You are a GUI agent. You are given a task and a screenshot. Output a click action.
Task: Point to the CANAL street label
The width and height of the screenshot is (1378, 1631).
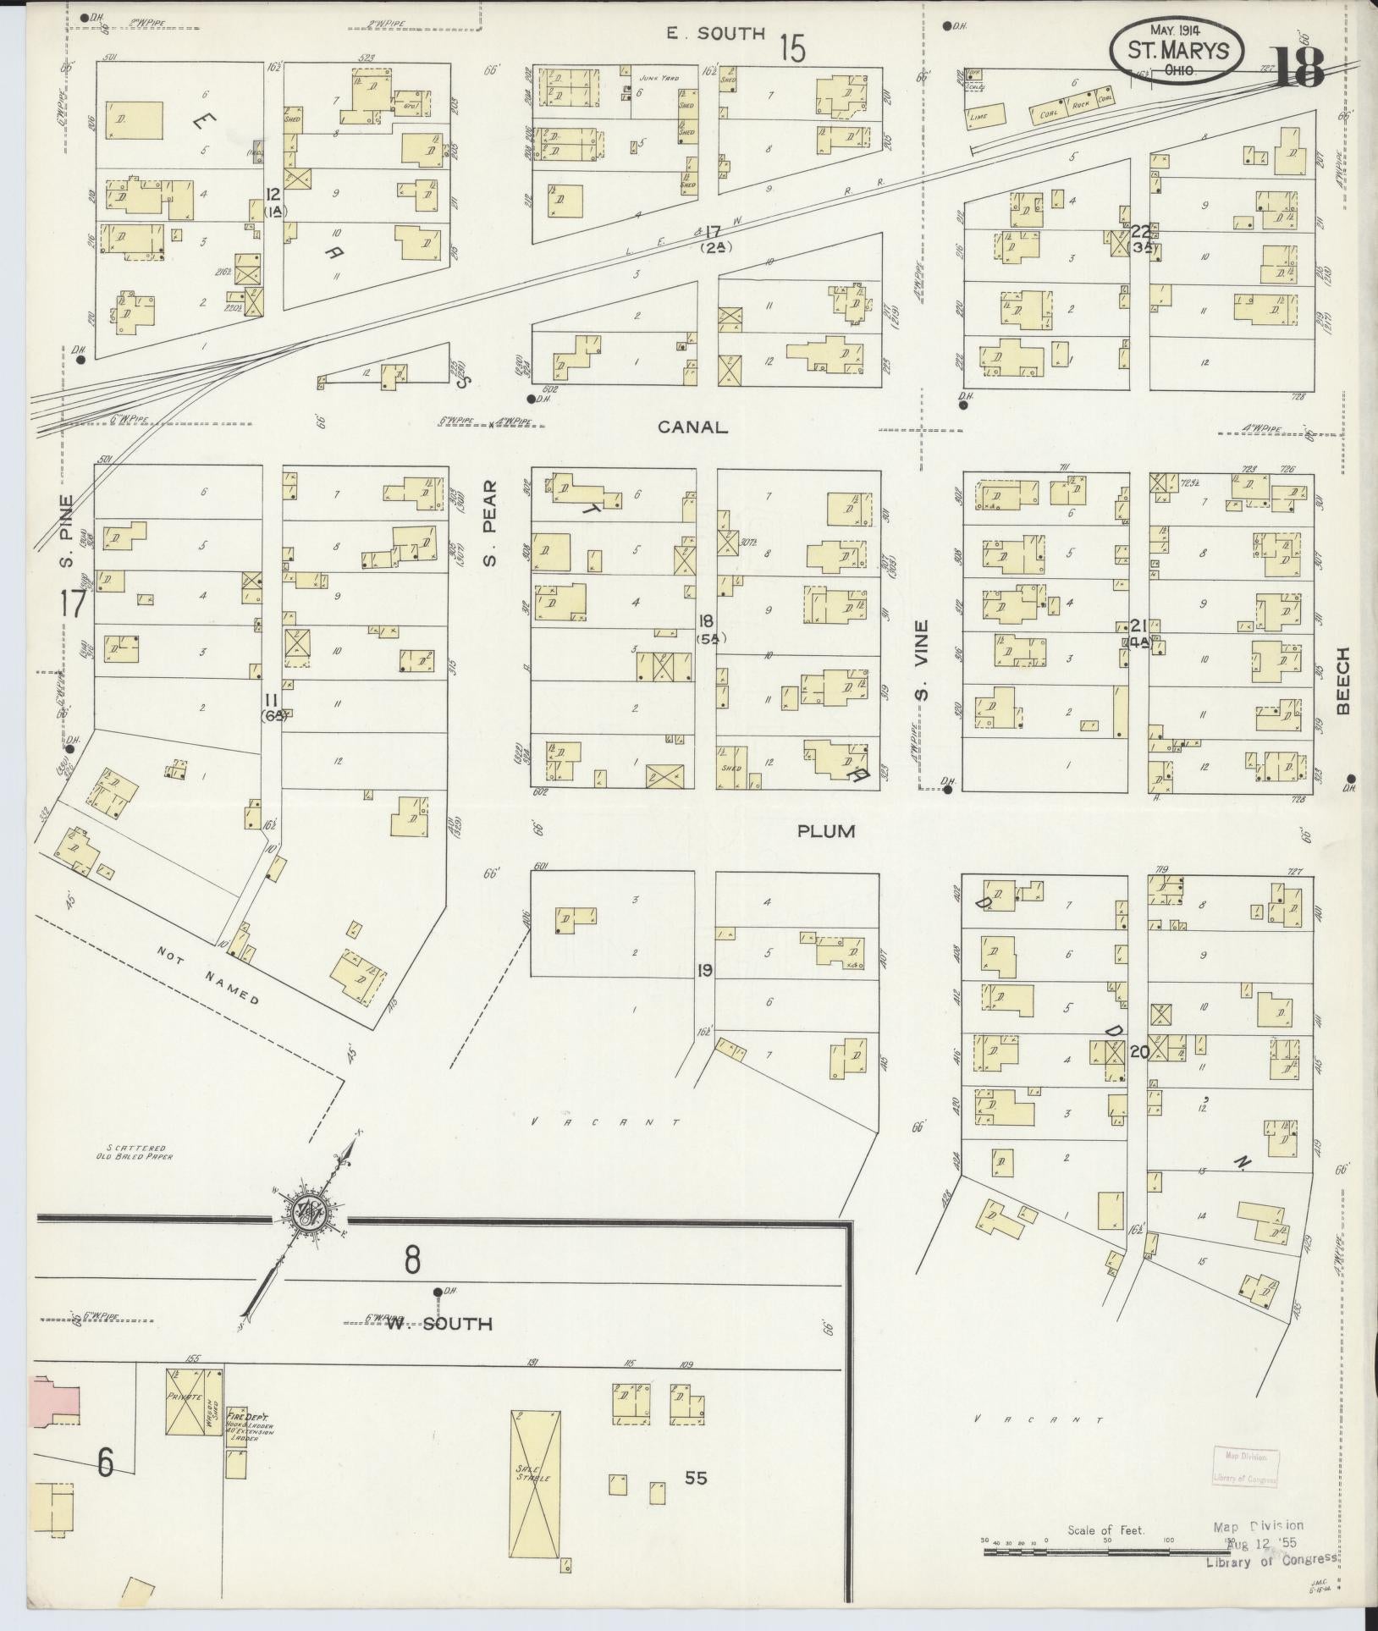coord(693,427)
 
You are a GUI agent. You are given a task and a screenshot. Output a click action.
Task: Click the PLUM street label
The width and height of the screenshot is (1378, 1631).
coord(826,832)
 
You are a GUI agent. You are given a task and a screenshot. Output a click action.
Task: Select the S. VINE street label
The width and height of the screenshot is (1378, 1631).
coord(923,661)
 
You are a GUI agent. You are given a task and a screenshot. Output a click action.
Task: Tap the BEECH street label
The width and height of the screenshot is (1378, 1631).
coord(1342,681)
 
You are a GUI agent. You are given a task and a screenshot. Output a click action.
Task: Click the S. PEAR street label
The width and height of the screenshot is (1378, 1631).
coord(490,523)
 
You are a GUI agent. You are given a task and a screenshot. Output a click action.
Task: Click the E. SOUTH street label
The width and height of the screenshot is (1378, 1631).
coord(714,34)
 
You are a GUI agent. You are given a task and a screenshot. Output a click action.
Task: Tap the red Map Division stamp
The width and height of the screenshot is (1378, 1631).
coord(1244,1468)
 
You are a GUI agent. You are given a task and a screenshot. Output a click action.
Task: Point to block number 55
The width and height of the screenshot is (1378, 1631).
coord(696,1478)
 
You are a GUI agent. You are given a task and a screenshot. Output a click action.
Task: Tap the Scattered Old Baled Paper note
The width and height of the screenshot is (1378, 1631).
coord(135,1151)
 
